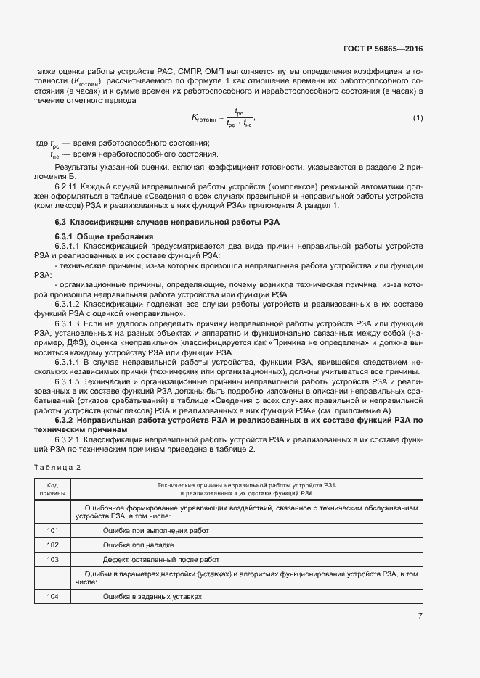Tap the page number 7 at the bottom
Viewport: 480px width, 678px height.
click(420, 616)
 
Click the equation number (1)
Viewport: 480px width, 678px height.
click(418, 117)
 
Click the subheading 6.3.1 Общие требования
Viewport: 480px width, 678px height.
click(104, 237)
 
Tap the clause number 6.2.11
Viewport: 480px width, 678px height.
click(69, 186)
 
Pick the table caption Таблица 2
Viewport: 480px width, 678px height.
click(58, 467)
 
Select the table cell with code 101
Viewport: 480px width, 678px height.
click(52, 531)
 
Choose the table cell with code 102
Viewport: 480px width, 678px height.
click(52, 545)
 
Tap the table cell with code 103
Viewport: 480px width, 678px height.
click(52, 559)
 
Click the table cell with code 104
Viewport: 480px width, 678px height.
click(52, 596)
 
